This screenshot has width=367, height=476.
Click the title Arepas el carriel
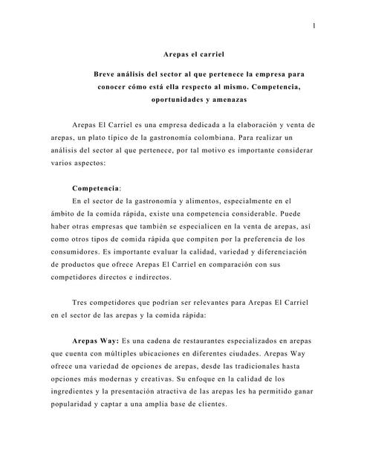pyautogui.click(x=192, y=54)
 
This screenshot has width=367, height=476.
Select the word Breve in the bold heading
pyautogui.click(x=106, y=75)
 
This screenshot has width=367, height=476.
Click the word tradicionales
pyautogui.click(x=261, y=368)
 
